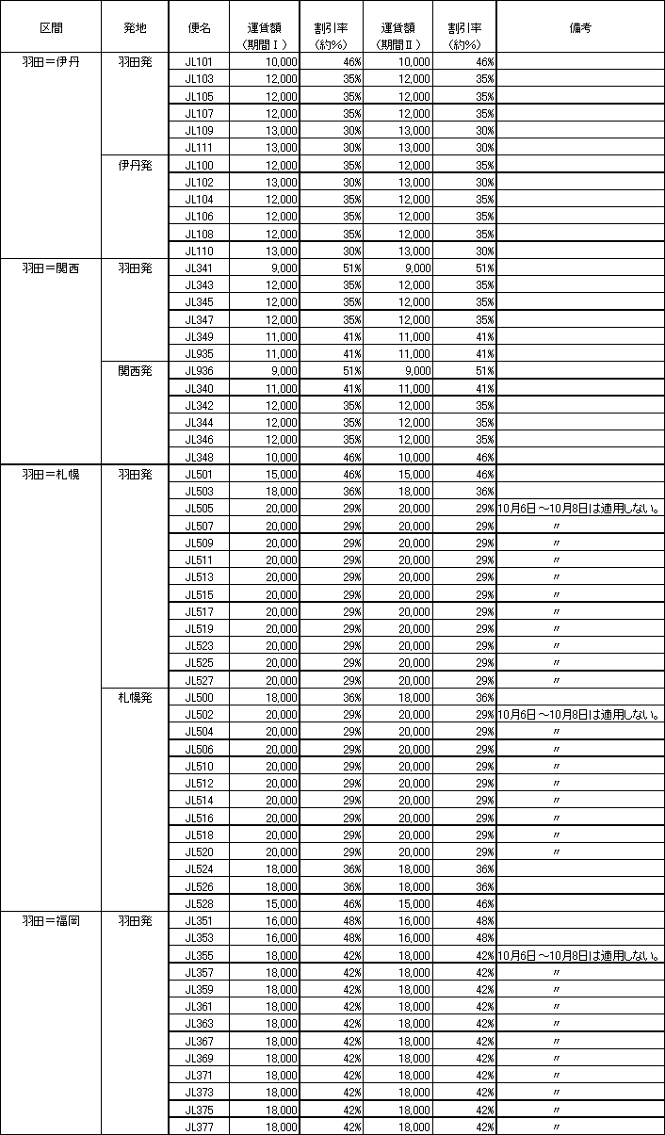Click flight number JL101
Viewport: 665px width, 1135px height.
pos(199,62)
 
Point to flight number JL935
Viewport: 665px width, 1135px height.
pos(199,353)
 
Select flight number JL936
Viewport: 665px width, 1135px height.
pos(199,371)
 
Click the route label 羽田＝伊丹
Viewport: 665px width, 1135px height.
pos(50,62)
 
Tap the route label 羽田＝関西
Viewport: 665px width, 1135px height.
pos(50,268)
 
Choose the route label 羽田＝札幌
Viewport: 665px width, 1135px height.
pos(50,474)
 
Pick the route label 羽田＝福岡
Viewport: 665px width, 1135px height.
pos(50,920)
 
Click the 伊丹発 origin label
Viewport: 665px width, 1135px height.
pos(135,166)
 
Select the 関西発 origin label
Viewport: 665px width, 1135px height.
pos(135,371)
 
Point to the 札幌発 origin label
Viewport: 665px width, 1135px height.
pos(135,697)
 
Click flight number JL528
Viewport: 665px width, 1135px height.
pos(199,903)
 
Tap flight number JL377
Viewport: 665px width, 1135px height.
pos(199,1127)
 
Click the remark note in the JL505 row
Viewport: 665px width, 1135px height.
pos(579,509)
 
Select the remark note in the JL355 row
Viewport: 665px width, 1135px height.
pos(579,955)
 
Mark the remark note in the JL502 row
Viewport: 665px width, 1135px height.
pos(579,715)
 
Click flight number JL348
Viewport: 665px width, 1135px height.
pos(199,457)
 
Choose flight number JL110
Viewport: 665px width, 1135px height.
pos(199,251)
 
